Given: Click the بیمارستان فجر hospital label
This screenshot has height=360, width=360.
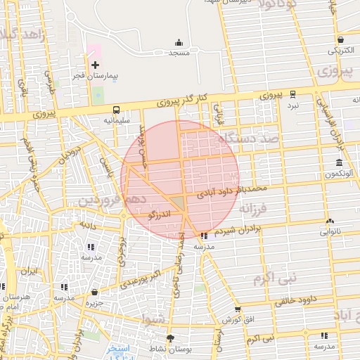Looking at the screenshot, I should pyautogui.click(x=98, y=75).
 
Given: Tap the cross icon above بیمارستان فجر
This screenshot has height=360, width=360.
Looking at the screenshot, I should pyautogui.click(x=96, y=65).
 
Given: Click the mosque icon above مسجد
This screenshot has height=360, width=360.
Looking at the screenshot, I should pyautogui.click(x=178, y=42).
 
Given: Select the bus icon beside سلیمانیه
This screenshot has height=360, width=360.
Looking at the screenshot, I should pyautogui.click(x=115, y=110).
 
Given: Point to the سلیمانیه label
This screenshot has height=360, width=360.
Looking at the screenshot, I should pyautogui.click(x=117, y=120).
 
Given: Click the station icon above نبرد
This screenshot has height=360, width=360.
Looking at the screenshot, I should pyautogui.click(x=292, y=94).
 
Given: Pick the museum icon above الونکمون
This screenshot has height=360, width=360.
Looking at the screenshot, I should pyautogui.click(x=339, y=163).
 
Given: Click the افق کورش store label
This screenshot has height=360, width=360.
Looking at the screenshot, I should pyautogui.click(x=238, y=320).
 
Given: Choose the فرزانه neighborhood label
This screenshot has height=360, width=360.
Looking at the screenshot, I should pyautogui.click(x=253, y=208).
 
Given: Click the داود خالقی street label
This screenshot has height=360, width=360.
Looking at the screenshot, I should pyautogui.click(x=281, y=301).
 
